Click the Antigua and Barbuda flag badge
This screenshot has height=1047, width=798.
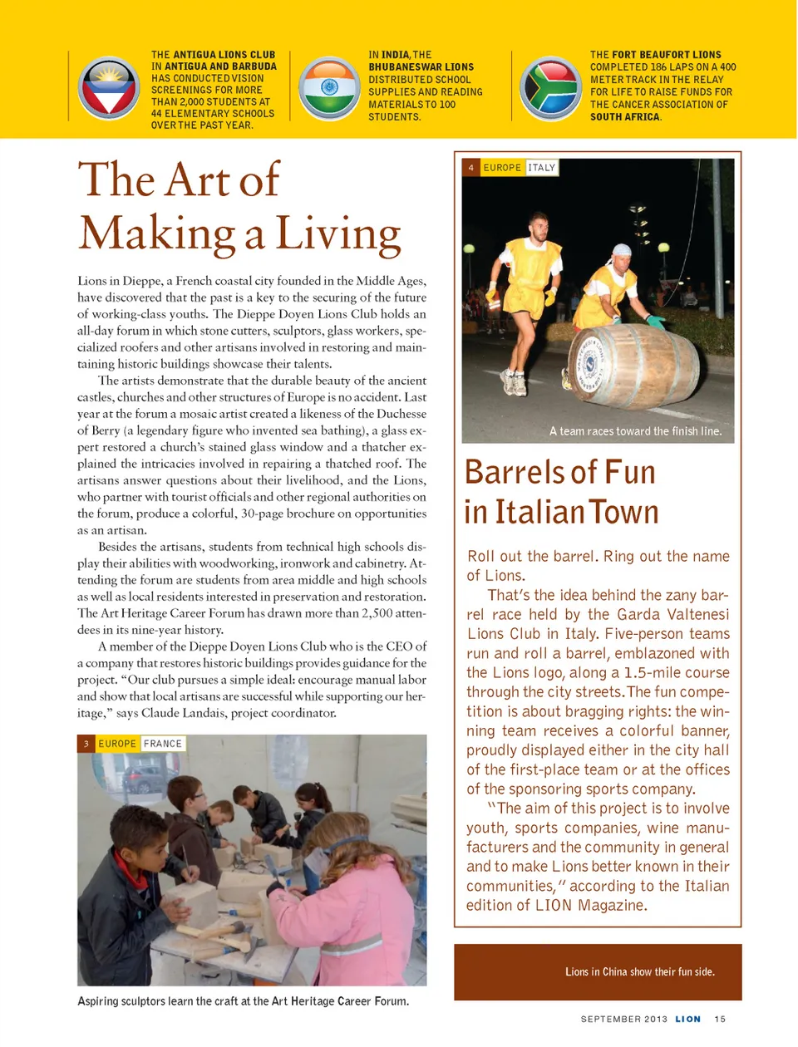coord(109,88)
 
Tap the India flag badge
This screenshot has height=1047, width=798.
coord(329,88)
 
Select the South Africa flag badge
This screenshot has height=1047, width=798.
coord(550,88)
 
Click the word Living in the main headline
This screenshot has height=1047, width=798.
coord(337,234)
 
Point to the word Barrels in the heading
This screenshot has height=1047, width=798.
coord(517,473)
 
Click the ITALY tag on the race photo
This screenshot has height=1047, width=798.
coord(541,168)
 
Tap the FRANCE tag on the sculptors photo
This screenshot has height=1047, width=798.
coord(163,744)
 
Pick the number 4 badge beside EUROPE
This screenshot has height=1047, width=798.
coord(471,168)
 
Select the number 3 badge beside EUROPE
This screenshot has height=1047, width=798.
coord(86,744)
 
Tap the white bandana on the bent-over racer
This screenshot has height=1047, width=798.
coord(621,249)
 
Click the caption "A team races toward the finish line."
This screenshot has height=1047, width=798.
coord(635,431)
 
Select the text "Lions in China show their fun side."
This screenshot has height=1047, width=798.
coord(639,971)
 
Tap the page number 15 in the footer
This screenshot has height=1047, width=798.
coord(720,1019)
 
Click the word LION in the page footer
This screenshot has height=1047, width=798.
coord(687,1019)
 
